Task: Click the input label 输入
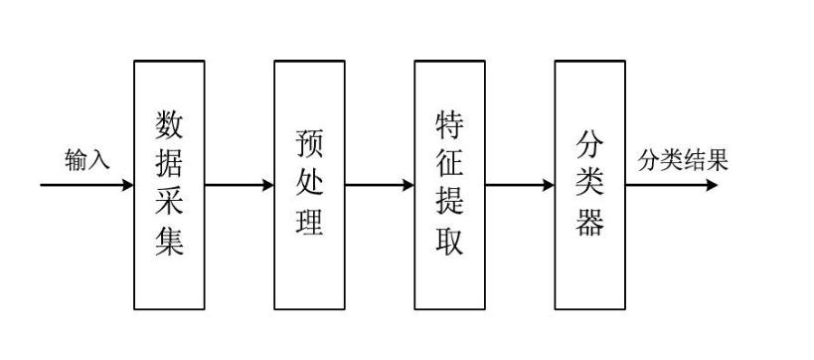tap(87, 160)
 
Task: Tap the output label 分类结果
tap(683, 160)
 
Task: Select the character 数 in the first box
tap(170, 125)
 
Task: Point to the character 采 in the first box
tap(170, 203)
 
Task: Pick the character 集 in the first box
tap(170, 242)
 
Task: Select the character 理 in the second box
tap(310, 223)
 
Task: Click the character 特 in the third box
tap(450, 125)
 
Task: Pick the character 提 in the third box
tap(450, 203)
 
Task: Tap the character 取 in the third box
tap(450, 242)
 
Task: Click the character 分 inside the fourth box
tap(590, 145)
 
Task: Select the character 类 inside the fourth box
tap(590, 184)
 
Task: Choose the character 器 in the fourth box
tap(590, 223)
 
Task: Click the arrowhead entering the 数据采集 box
tap(127, 185)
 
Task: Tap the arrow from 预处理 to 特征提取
tap(380, 185)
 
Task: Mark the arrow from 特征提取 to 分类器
tap(520, 185)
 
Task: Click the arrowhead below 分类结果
tap(710, 185)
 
